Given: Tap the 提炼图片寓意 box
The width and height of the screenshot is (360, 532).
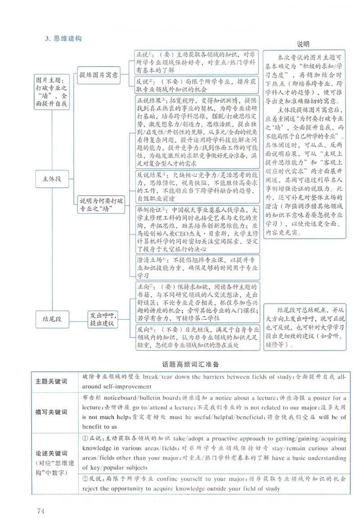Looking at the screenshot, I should click(x=98, y=75).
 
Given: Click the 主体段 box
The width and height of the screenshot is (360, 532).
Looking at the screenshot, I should click(x=53, y=179).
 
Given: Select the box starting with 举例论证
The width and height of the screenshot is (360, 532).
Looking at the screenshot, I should click(x=198, y=229).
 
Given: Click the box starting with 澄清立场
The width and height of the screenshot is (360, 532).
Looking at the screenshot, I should click(x=198, y=268).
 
